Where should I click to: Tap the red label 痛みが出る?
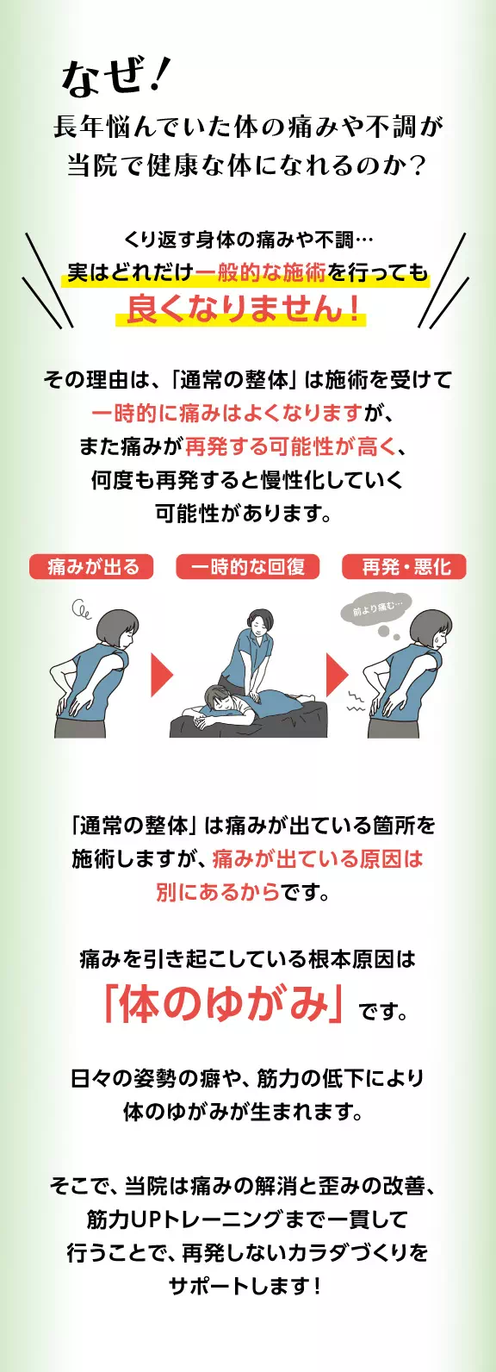click(92, 566)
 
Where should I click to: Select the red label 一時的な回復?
click(248, 566)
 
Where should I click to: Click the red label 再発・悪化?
click(406, 566)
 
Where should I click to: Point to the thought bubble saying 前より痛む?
click(377, 609)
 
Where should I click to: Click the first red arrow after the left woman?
click(162, 674)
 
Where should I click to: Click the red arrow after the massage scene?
click(337, 674)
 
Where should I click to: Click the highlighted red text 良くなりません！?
click(242, 309)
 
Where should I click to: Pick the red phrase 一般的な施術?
click(261, 272)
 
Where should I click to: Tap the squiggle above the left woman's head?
click(81, 612)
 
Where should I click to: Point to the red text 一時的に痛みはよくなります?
click(226, 413)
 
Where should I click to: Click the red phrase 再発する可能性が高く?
click(290, 446)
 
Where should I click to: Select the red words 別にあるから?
click(218, 892)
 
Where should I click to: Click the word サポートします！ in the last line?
click(245, 1286)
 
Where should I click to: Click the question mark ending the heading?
click(419, 165)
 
